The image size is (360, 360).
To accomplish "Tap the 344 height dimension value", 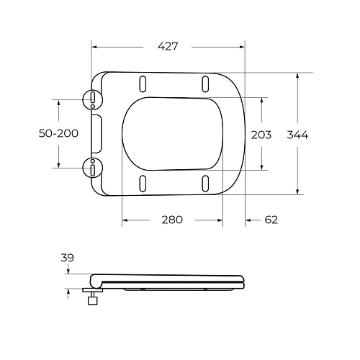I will click(297, 135).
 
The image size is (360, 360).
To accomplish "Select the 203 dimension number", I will click(261, 135).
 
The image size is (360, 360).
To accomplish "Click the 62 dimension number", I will click(270, 220).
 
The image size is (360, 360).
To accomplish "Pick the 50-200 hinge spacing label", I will click(58, 133).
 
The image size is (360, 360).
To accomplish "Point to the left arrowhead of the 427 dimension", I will click(94, 48).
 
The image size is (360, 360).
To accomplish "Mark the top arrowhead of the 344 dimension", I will click(297, 75).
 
